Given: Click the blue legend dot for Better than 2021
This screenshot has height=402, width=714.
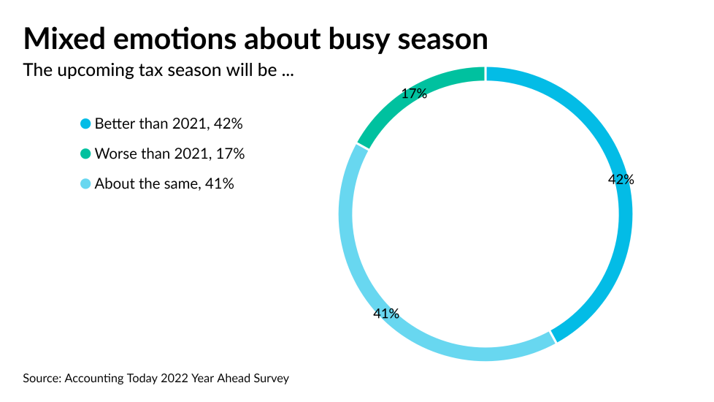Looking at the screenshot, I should pyautogui.click(x=85, y=124).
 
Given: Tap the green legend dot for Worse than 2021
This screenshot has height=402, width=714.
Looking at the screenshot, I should pyautogui.click(x=85, y=154).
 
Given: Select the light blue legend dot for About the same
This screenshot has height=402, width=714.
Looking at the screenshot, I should pyautogui.click(x=85, y=184).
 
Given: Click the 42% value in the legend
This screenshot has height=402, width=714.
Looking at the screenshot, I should pyautogui.click(x=229, y=124).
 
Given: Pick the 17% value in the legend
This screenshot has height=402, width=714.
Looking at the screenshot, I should pyautogui.click(x=231, y=154).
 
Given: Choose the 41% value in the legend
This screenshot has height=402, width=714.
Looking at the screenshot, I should pyautogui.click(x=220, y=184).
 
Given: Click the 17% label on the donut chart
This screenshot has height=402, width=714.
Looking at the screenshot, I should pyautogui.click(x=414, y=94).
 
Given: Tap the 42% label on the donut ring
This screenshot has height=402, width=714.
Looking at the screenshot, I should pyautogui.click(x=621, y=179).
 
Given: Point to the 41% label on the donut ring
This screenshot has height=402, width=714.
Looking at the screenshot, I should pyautogui.click(x=386, y=314).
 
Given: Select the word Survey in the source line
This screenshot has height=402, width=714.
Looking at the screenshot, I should pyautogui.click(x=271, y=379).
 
